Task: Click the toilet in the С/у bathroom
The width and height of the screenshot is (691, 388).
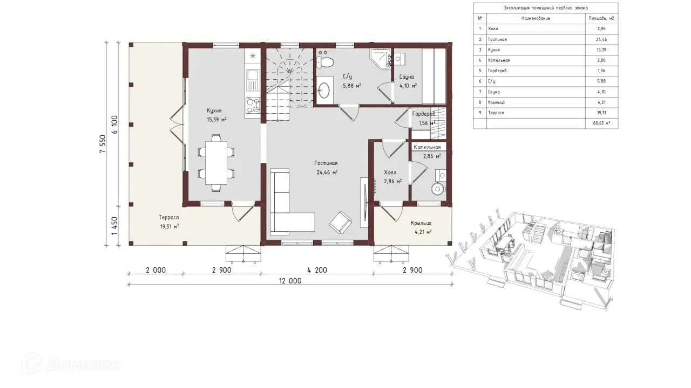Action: (325, 62)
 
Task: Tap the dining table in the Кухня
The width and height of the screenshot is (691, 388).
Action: (216, 163)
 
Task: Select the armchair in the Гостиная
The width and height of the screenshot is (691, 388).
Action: (340, 222)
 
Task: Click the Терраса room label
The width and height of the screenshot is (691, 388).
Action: (169, 217)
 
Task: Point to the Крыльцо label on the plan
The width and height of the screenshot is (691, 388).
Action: (421, 223)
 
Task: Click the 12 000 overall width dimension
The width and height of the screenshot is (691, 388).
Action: (290, 281)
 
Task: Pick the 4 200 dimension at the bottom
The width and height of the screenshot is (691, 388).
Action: (317, 270)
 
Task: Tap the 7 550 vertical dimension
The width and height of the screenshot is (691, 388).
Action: (103, 144)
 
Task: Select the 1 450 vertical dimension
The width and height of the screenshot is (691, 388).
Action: (114, 226)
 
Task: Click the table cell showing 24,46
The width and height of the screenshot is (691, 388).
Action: (601, 39)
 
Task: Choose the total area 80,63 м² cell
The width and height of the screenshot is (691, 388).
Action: (601, 123)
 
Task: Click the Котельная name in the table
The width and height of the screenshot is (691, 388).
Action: (499, 60)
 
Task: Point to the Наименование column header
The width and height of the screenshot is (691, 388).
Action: (536, 18)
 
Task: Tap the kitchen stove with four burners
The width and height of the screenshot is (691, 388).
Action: (253, 105)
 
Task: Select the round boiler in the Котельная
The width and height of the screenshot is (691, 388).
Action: (437, 189)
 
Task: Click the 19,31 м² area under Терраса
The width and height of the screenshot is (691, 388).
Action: (170, 227)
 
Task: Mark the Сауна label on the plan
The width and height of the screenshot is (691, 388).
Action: (407, 77)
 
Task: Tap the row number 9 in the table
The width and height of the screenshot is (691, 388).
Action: (480, 113)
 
